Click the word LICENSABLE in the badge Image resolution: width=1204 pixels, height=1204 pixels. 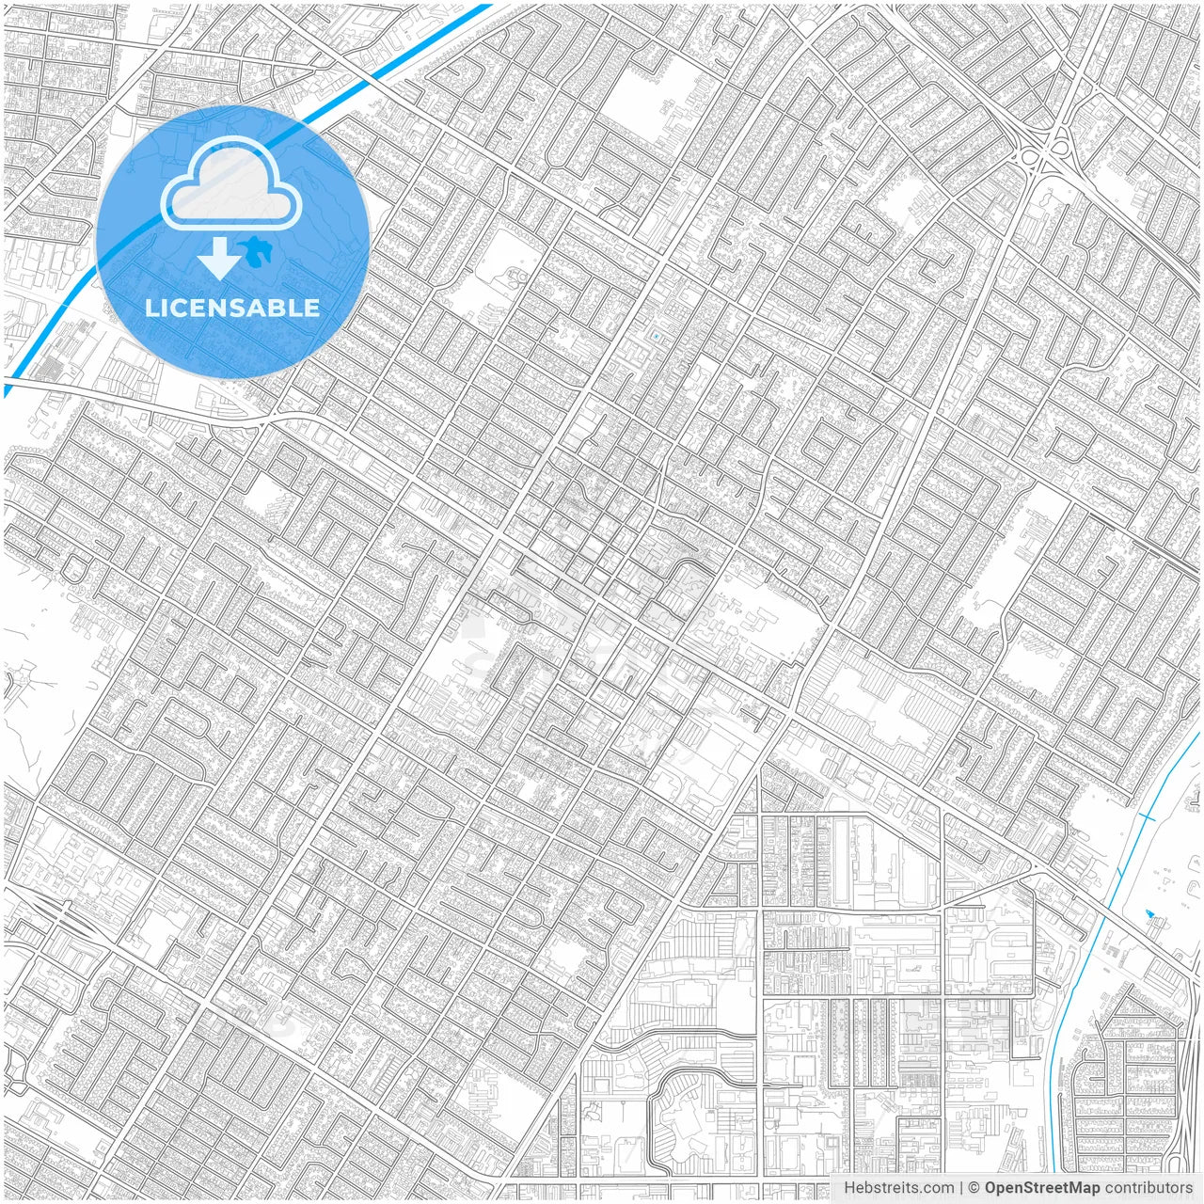(x=232, y=308)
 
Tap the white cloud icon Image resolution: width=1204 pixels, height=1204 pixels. (x=231, y=183)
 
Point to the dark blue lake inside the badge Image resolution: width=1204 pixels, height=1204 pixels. (x=252, y=249)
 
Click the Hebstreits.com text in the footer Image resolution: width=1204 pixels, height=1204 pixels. (x=898, y=1188)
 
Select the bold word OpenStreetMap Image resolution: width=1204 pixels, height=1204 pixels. (x=1041, y=1188)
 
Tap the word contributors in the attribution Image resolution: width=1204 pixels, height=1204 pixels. (x=1149, y=1188)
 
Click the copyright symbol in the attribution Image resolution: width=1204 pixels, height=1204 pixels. (x=974, y=1188)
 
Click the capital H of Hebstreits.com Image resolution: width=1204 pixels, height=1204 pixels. (x=849, y=1188)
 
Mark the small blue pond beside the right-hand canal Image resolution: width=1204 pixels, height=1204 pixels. (x=1149, y=913)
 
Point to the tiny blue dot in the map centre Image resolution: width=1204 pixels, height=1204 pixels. (x=657, y=336)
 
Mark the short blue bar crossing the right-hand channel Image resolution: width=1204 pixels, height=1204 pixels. (x=1147, y=815)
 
